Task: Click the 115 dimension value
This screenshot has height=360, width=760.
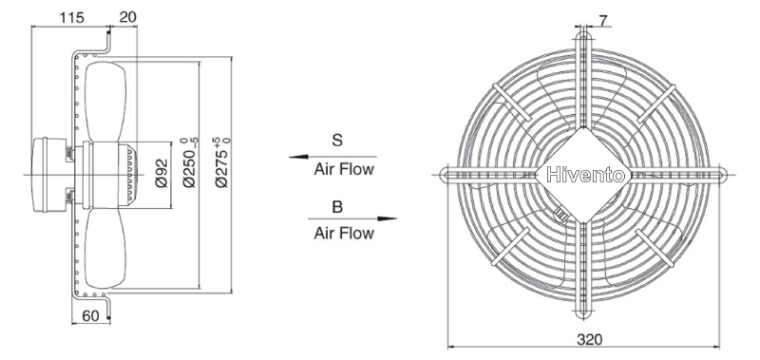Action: (72, 17)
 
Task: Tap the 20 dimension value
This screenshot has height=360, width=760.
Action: (128, 17)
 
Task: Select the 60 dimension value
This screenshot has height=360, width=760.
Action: (90, 316)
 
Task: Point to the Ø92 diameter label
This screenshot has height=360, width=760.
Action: (161, 174)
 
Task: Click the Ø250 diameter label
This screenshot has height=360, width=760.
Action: (191, 162)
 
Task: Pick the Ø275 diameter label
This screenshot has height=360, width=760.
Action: (222, 162)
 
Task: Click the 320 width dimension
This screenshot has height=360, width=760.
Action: (589, 340)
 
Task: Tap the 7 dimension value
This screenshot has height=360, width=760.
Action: (603, 20)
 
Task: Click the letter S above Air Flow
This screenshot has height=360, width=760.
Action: (337, 141)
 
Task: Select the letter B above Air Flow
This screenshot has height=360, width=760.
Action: (337, 207)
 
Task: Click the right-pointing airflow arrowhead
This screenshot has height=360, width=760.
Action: (388, 218)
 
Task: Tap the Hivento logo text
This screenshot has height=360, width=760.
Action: (585, 175)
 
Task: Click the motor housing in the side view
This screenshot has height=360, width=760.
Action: (50, 175)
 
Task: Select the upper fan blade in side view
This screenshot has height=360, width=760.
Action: (105, 102)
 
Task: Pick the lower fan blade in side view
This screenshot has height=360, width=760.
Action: (105, 248)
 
